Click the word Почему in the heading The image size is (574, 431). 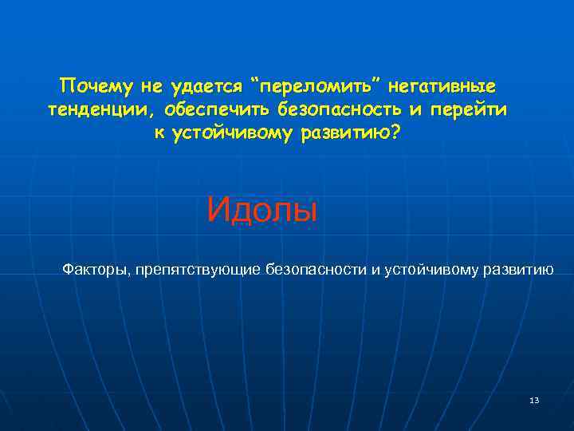pyautogui.click(x=87, y=85)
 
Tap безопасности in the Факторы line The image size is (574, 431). pyautogui.click(x=316, y=269)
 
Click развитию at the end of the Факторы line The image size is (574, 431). pyautogui.click(x=517, y=269)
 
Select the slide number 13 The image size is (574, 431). pyautogui.click(x=533, y=400)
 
